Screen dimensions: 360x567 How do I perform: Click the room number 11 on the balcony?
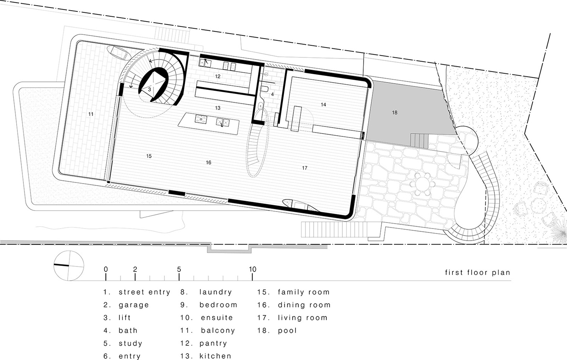click(x=91, y=114)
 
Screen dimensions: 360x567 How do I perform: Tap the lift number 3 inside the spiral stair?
click(x=150, y=90)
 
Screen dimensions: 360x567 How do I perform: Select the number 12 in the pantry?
click(x=218, y=76)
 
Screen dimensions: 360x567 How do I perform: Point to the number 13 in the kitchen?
click(x=218, y=108)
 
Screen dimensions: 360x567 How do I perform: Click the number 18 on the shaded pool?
click(x=395, y=113)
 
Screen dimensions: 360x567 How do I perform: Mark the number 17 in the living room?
click(x=305, y=168)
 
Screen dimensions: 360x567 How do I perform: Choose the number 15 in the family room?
click(x=149, y=156)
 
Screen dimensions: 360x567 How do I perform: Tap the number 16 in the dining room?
click(x=209, y=162)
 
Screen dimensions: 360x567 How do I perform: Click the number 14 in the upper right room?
click(x=323, y=105)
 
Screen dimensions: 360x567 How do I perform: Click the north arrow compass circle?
click(x=68, y=266)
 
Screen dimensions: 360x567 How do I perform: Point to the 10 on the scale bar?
click(x=253, y=269)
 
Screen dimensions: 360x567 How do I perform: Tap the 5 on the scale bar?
click(x=179, y=269)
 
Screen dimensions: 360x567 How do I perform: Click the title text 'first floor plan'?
click(x=477, y=272)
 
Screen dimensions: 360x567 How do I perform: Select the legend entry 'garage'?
click(x=134, y=305)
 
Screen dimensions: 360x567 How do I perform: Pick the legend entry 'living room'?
click(x=302, y=318)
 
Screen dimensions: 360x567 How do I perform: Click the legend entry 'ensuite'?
click(x=217, y=318)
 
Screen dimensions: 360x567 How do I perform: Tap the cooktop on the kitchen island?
click(x=201, y=119)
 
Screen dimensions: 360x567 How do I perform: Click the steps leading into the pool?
click(x=419, y=141)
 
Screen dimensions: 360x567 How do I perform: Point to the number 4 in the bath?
click(x=272, y=94)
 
